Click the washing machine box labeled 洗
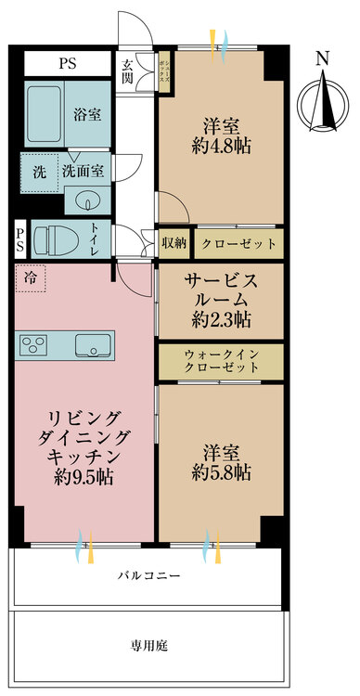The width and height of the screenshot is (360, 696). (39, 173)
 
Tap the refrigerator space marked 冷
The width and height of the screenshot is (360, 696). (31, 277)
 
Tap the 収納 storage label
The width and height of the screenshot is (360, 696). (174, 243)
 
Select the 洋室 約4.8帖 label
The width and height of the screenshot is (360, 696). (220, 135)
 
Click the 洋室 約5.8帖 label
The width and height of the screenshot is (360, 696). (220, 461)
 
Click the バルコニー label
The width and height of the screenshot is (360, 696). (148, 575)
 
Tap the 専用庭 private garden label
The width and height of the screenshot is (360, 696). (148, 644)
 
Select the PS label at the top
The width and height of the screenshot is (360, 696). (67, 64)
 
